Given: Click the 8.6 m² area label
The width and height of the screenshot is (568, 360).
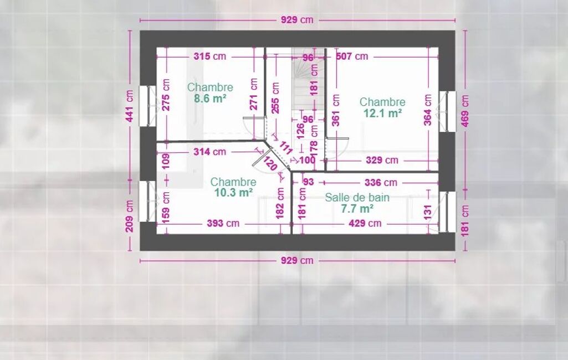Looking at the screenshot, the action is pyautogui.click(x=210, y=99).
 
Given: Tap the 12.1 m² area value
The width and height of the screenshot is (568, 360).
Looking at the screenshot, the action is pyautogui.click(x=382, y=114).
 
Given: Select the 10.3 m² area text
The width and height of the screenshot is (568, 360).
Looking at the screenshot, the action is pyautogui.click(x=233, y=193).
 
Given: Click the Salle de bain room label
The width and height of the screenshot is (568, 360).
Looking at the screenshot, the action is pyautogui.click(x=357, y=197).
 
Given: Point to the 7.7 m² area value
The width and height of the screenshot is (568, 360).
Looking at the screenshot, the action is pyautogui.click(x=357, y=209).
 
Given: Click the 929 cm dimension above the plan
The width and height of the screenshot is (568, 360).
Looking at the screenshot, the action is pyautogui.click(x=297, y=20).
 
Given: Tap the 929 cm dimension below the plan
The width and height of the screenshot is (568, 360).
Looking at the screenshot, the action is pyautogui.click(x=297, y=260).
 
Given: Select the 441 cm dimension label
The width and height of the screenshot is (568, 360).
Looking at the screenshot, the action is pyautogui.click(x=129, y=106).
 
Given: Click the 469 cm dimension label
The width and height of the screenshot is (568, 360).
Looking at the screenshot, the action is pyautogui.click(x=465, y=111).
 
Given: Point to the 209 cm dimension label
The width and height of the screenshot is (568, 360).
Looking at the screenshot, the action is pyautogui.click(x=129, y=216).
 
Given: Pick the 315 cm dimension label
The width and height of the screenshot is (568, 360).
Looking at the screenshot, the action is pyautogui.click(x=209, y=56).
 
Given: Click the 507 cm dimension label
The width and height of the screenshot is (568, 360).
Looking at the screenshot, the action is pyautogui.click(x=352, y=56).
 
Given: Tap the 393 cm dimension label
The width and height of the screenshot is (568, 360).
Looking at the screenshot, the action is pyautogui.click(x=223, y=223).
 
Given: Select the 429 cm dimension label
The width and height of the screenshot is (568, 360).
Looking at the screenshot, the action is pyautogui.click(x=365, y=223).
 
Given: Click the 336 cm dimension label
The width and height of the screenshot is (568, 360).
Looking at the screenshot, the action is pyautogui.click(x=381, y=183).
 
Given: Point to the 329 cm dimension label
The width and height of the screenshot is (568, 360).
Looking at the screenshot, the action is pyautogui.click(x=382, y=160).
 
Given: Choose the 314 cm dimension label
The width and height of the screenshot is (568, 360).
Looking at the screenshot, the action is pyautogui.click(x=209, y=151).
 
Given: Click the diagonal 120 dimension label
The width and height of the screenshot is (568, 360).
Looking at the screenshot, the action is pyautogui.click(x=270, y=164).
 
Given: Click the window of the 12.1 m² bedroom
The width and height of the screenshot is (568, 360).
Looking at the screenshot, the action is pyautogui.click(x=448, y=111).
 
